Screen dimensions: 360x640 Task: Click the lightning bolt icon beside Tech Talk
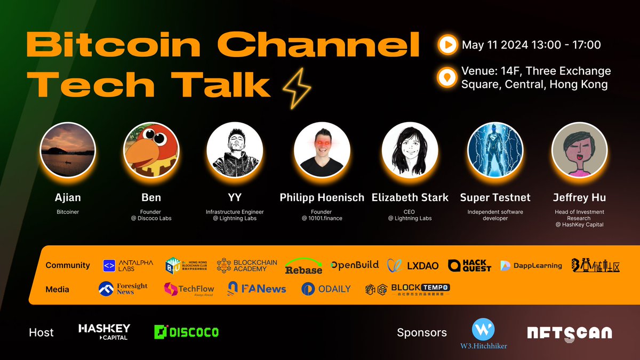(297, 87)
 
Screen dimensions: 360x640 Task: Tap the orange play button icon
(447, 45)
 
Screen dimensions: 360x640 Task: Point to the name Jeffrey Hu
(579, 197)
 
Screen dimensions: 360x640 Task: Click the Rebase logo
(303, 266)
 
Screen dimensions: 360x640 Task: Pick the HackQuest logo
(469, 265)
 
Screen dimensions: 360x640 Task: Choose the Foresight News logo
(123, 289)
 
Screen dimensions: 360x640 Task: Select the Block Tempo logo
(407, 289)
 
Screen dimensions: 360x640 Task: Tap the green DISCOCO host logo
(186, 332)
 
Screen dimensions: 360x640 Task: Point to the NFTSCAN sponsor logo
(569, 332)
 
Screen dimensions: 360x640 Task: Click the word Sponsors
(422, 333)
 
